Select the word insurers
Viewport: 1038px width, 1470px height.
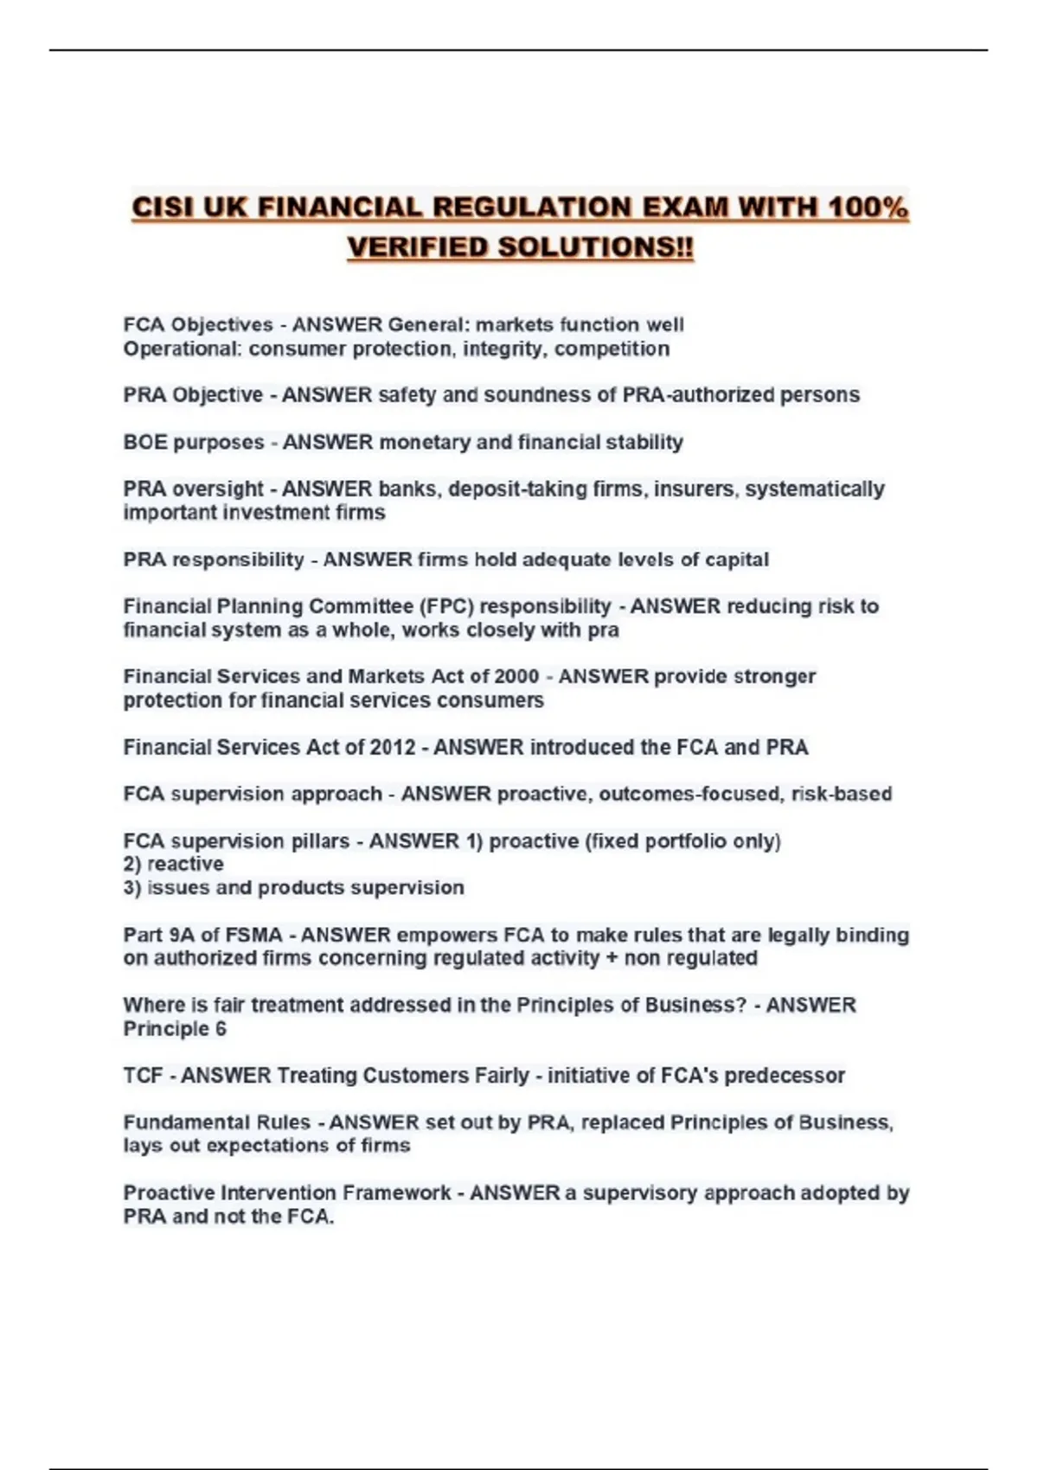(695, 489)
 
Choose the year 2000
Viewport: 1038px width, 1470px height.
(516, 676)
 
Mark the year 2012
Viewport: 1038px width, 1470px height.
(393, 747)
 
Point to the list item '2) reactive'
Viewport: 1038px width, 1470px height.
(173, 864)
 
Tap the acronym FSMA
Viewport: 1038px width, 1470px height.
(254, 935)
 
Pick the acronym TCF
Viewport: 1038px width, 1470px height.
(143, 1076)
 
